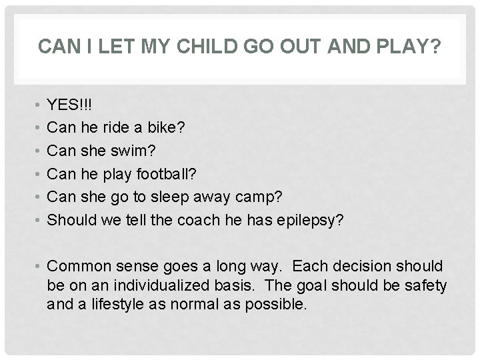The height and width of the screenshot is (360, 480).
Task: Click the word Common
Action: click(x=75, y=267)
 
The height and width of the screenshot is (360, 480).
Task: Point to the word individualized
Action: click(x=187, y=286)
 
